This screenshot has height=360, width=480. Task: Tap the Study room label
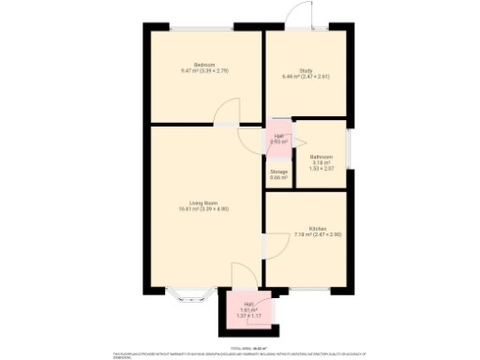coord(306,70)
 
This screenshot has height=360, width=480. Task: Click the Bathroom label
coord(322,157)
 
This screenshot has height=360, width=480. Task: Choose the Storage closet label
coord(279,172)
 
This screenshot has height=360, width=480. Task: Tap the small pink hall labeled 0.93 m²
coord(279,137)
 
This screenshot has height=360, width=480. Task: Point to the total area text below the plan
coord(240,335)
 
